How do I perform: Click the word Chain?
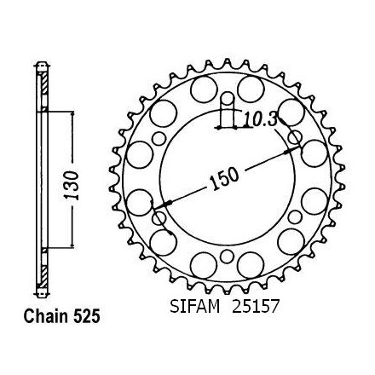(x=46, y=316)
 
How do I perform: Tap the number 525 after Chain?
(x=87, y=316)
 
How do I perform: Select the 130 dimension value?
(x=71, y=185)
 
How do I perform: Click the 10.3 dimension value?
(x=260, y=120)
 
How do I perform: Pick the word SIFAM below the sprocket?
(x=195, y=307)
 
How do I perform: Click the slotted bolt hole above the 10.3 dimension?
(x=227, y=101)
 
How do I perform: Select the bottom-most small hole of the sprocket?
(x=227, y=257)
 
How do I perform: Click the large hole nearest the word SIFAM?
(x=204, y=267)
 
